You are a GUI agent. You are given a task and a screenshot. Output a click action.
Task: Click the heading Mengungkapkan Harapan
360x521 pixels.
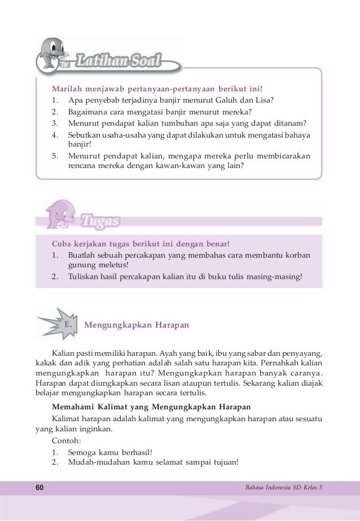pos(136,326)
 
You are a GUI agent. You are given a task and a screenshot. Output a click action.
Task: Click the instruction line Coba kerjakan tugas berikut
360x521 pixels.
pos(141,244)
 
